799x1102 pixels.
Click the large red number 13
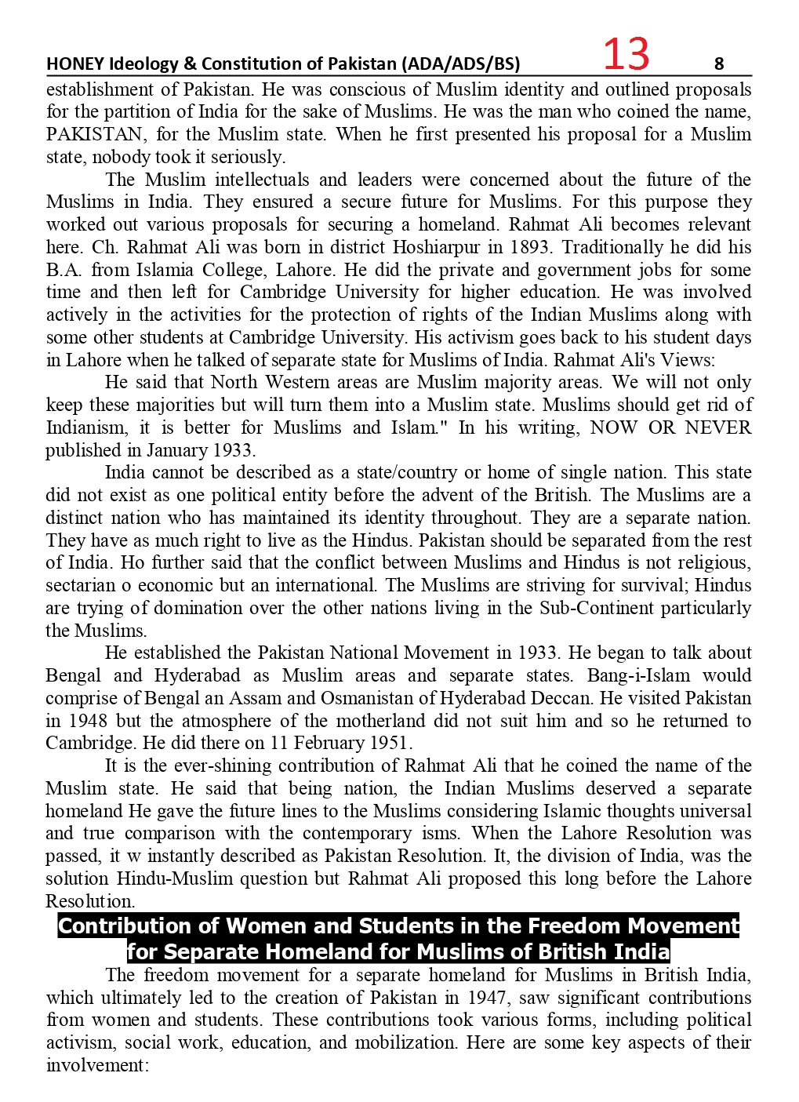click(x=626, y=54)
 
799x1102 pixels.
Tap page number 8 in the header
click(x=720, y=63)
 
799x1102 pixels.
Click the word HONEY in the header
click(x=69, y=64)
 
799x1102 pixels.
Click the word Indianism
click(x=84, y=427)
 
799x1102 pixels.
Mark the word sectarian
click(x=78, y=585)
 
